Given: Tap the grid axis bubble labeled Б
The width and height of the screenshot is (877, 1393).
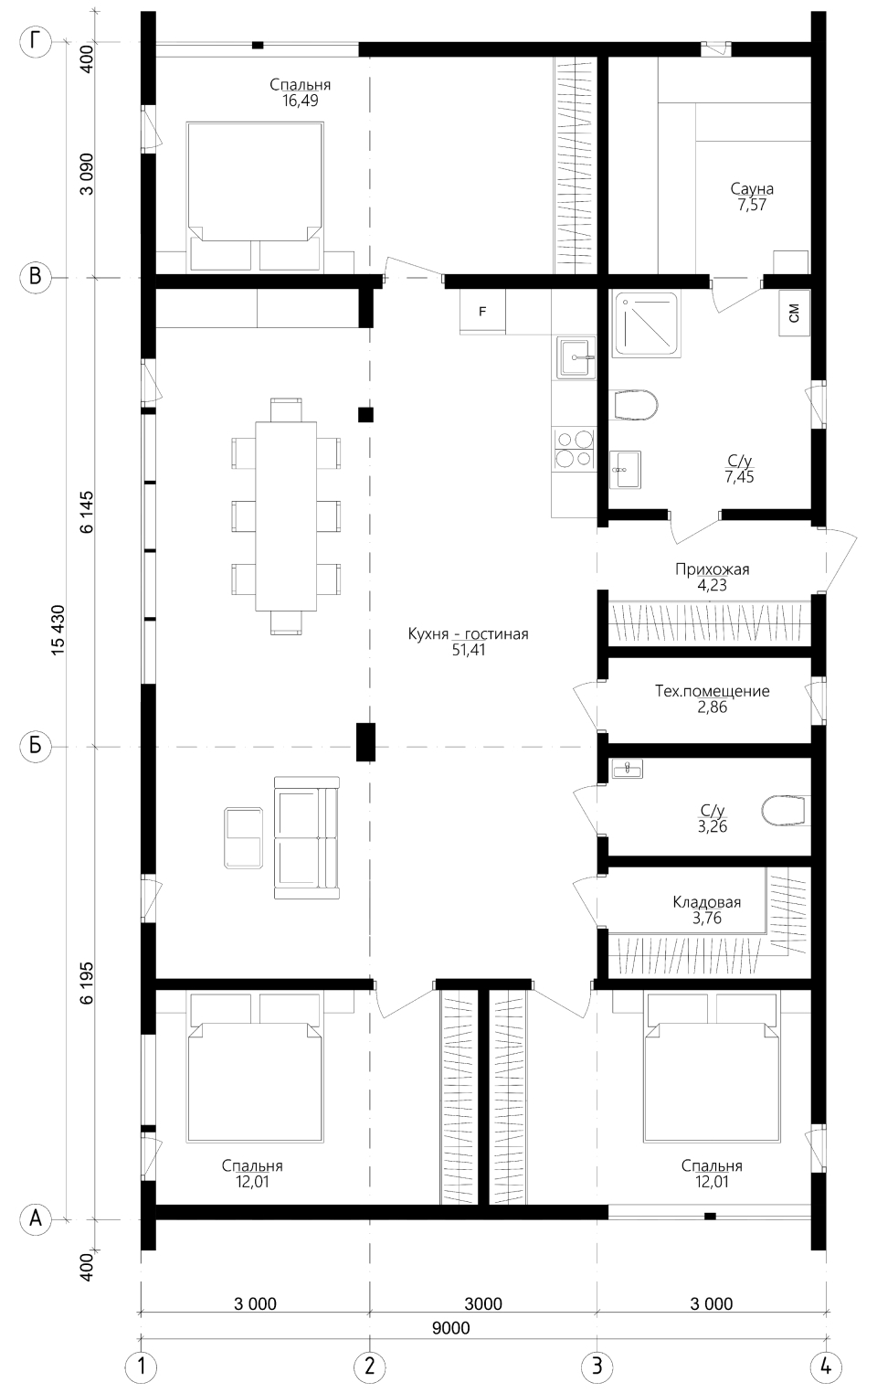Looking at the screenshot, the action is point(36,745).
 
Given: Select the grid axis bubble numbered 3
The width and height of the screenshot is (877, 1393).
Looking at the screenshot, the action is point(597,1366).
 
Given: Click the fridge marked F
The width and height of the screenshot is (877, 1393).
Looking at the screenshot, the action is point(482,312).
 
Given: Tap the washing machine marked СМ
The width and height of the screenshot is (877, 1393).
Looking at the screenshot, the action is point(795,314).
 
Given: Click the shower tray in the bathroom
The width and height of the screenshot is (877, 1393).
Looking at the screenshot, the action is point(645,324).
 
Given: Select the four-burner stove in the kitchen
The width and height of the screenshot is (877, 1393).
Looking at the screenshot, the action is point(574,449).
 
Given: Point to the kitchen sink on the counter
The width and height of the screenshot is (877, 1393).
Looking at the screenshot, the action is point(576,357).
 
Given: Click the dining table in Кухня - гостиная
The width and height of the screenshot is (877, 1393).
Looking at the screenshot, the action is point(286,516).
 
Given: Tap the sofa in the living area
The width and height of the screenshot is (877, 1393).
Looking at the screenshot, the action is point(307,837).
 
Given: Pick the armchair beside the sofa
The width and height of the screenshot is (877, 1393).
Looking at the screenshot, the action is point(244,837).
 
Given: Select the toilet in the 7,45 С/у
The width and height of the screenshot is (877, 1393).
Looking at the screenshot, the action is point(635,406).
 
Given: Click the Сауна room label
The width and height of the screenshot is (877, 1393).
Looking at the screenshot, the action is point(752,187).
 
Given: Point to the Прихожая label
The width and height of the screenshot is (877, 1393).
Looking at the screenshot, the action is point(713,569).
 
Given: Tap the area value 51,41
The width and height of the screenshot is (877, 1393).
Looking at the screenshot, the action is point(469,650).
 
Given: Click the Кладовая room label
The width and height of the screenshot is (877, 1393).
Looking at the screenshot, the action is point(707,902).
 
